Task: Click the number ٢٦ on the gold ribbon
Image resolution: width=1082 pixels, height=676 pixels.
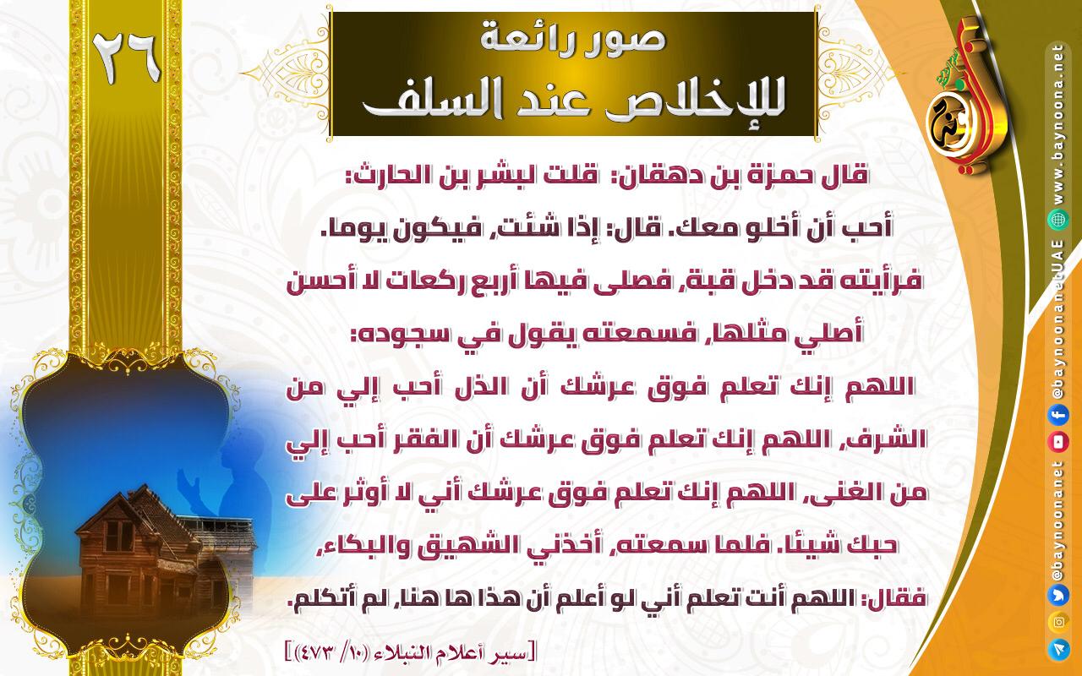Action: click(127, 59)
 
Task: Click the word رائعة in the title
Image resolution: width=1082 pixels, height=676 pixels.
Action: click(527, 40)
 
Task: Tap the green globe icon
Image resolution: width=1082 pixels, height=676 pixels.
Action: click(1057, 220)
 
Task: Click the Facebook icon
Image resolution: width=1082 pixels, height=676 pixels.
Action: click(1057, 416)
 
